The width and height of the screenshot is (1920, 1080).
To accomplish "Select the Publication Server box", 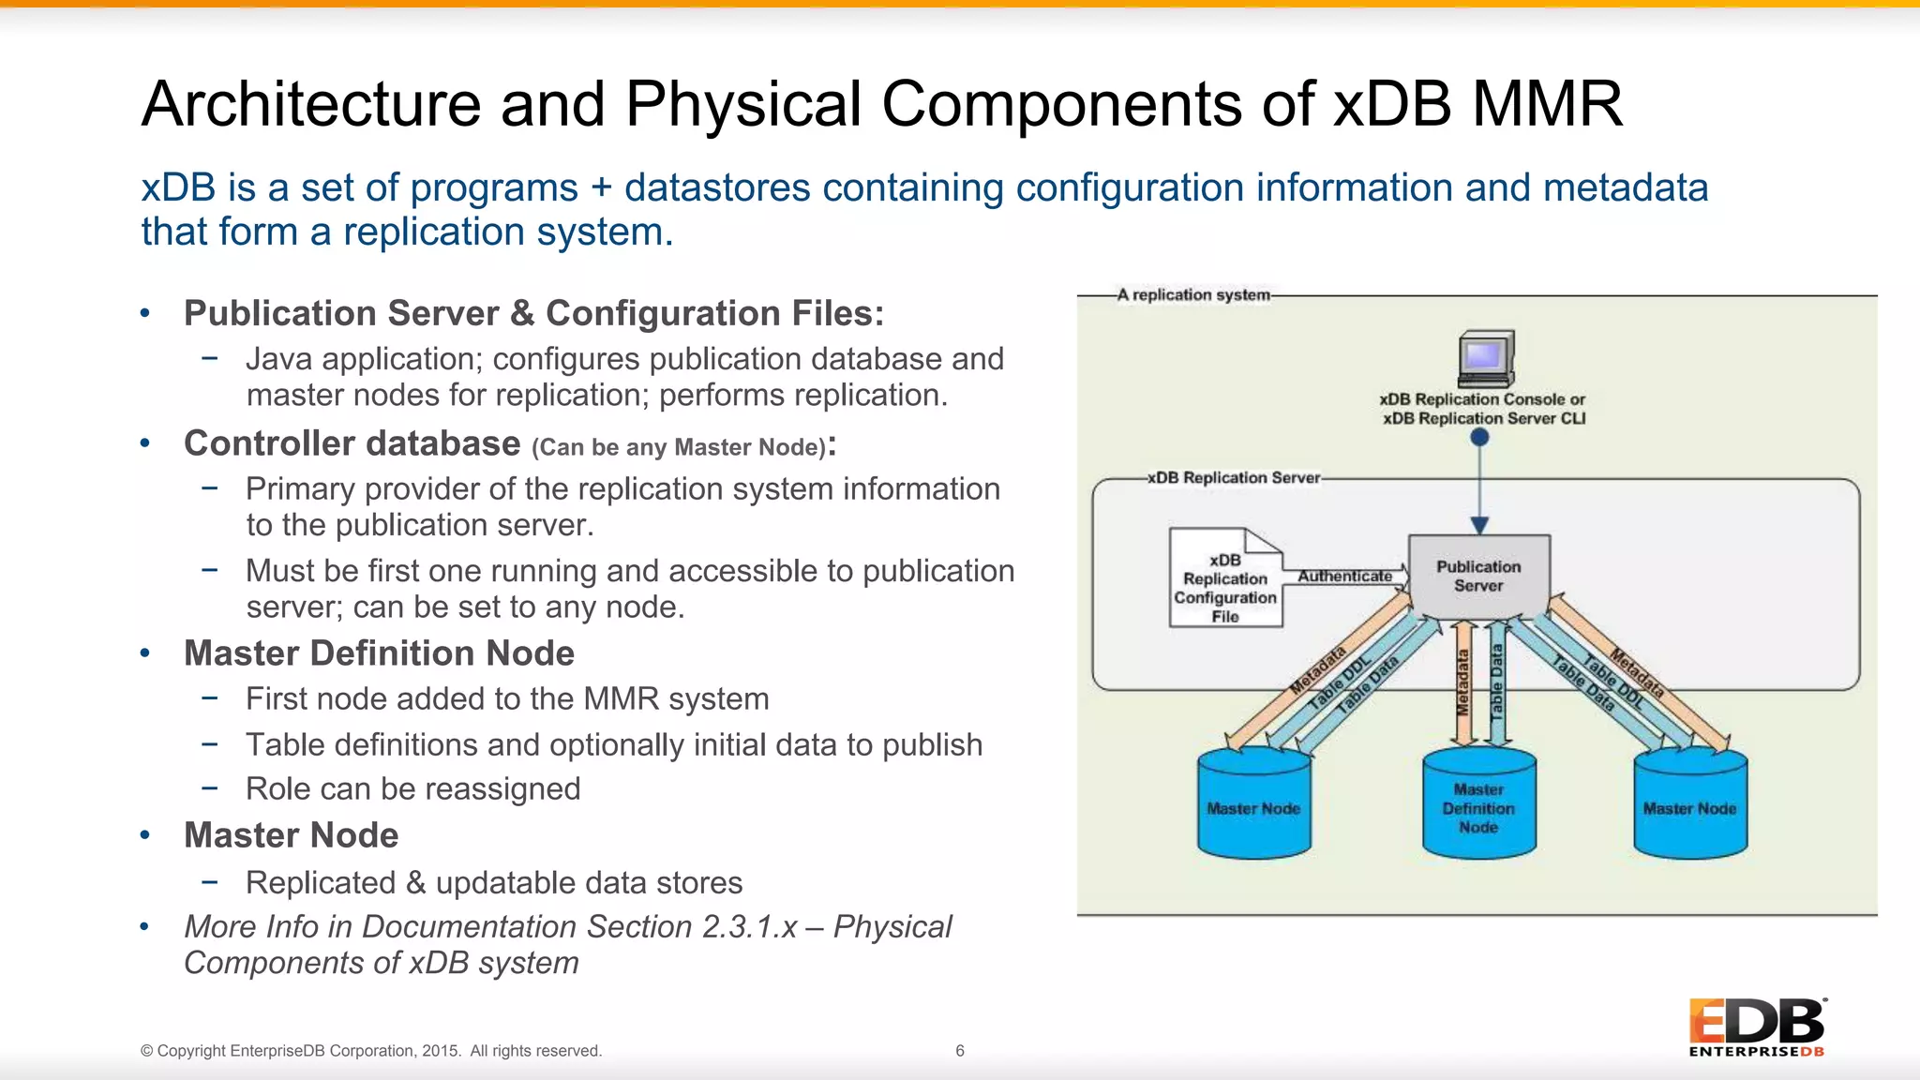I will coord(1478,576).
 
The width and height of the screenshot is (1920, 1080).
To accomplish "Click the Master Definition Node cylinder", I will coord(1478,806).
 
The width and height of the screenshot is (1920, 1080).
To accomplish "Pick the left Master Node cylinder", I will coord(1253,806).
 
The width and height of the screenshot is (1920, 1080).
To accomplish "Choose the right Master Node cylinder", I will coord(1689,806).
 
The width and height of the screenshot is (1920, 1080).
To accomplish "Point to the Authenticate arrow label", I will coord(1344,576).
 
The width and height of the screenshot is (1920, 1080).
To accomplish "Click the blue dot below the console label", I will coord(1479,437).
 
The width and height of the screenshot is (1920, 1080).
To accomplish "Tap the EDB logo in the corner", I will coord(1757,1027).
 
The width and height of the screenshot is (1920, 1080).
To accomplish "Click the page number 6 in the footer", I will coord(959,1051).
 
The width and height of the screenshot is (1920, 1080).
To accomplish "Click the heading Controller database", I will coord(352,443).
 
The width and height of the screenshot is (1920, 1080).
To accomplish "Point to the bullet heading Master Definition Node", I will coord(379,653).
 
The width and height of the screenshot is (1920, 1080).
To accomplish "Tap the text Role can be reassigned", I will coord(412,789).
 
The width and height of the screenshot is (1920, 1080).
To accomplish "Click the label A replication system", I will coord(1192,294).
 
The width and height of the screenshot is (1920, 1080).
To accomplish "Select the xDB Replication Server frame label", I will coord(1234,477).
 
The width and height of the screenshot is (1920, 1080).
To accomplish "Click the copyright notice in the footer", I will coord(371,1051).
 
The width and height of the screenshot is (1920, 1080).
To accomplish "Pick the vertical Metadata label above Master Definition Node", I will coord(1462,682).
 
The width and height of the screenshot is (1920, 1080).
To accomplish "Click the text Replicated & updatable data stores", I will coord(493,883).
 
